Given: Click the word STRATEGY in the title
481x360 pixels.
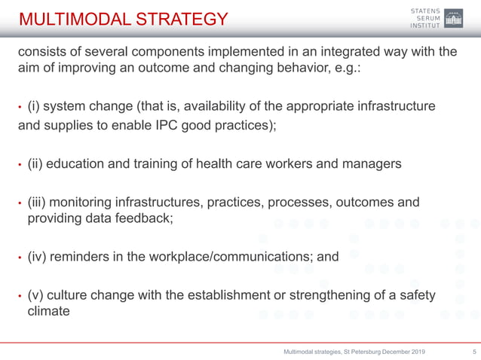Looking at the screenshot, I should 185,19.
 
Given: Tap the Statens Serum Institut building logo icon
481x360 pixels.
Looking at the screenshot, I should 454,18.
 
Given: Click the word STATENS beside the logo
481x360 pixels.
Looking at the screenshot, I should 427,9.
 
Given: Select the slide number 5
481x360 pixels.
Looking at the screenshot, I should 473,352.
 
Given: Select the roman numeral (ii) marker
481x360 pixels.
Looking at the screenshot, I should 35,163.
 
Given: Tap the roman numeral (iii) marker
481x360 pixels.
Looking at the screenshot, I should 37,203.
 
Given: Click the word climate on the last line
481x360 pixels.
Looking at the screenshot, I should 49,310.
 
